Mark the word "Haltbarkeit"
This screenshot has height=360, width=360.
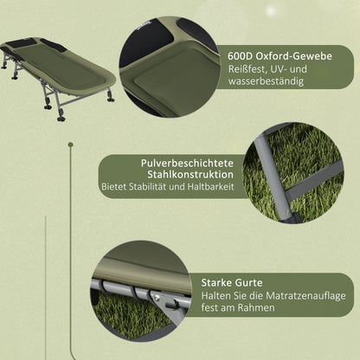pos(210,188)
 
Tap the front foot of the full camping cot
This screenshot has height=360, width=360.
pos(61,116)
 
